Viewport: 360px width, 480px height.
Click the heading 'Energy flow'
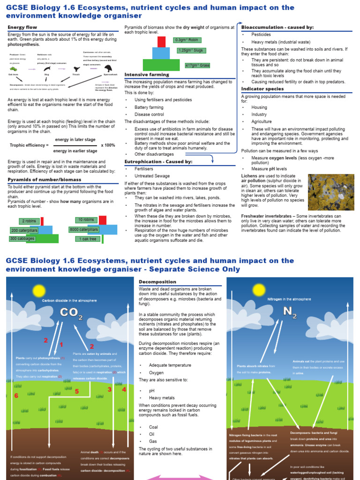pyautogui.click(x=22, y=27)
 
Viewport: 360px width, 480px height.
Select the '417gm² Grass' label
pyautogui.click(x=197, y=65)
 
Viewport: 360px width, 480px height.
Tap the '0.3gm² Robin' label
pyautogui.click(x=187, y=40)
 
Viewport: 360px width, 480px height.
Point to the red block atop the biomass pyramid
pyautogui.click(x=161, y=42)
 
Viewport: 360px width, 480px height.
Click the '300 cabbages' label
pyautogui.click(x=22, y=239)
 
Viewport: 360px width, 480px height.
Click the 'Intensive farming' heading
pyautogui.click(x=147, y=75)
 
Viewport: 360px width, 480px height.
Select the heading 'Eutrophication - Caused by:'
pyautogui.click(x=158, y=161)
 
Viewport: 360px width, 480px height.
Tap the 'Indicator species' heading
pyautogui.click(x=262, y=89)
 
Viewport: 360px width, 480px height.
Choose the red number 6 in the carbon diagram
pyautogui.click(x=16, y=396)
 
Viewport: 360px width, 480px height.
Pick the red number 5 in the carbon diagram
pyautogui.click(x=76, y=391)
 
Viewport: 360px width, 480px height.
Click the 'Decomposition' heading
pyautogui.click(x=157, y=282)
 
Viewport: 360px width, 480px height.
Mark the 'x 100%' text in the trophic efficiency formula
pyautogui.click(x=108, y=145)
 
